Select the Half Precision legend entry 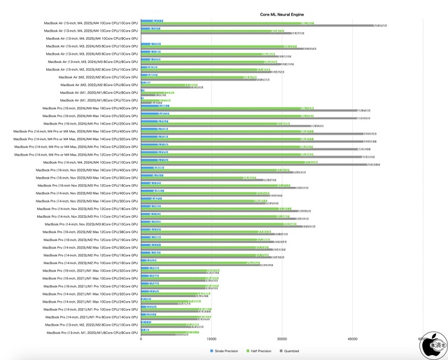(261, 350)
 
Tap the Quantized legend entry (295, 350)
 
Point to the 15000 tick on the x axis (211, 340)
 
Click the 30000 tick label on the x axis (282, 340)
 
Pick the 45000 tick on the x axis (352, 340)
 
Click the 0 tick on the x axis (141, 340)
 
